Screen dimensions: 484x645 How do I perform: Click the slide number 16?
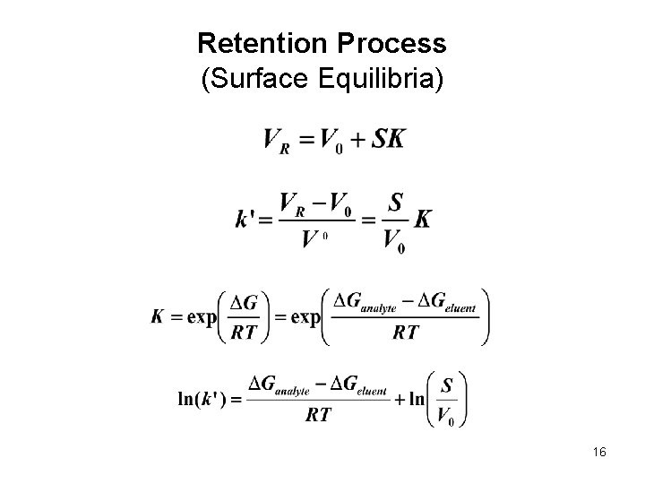(599, 453)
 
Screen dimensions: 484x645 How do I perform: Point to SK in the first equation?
(387, 139)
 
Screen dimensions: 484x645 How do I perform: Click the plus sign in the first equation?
(356, 140)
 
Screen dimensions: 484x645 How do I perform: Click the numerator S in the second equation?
(392, 203)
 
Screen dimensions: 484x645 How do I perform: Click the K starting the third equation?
(159, 317)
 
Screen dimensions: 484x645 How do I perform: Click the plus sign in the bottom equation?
(400, 400)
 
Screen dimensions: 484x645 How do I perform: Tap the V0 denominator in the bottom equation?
(447, 416)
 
